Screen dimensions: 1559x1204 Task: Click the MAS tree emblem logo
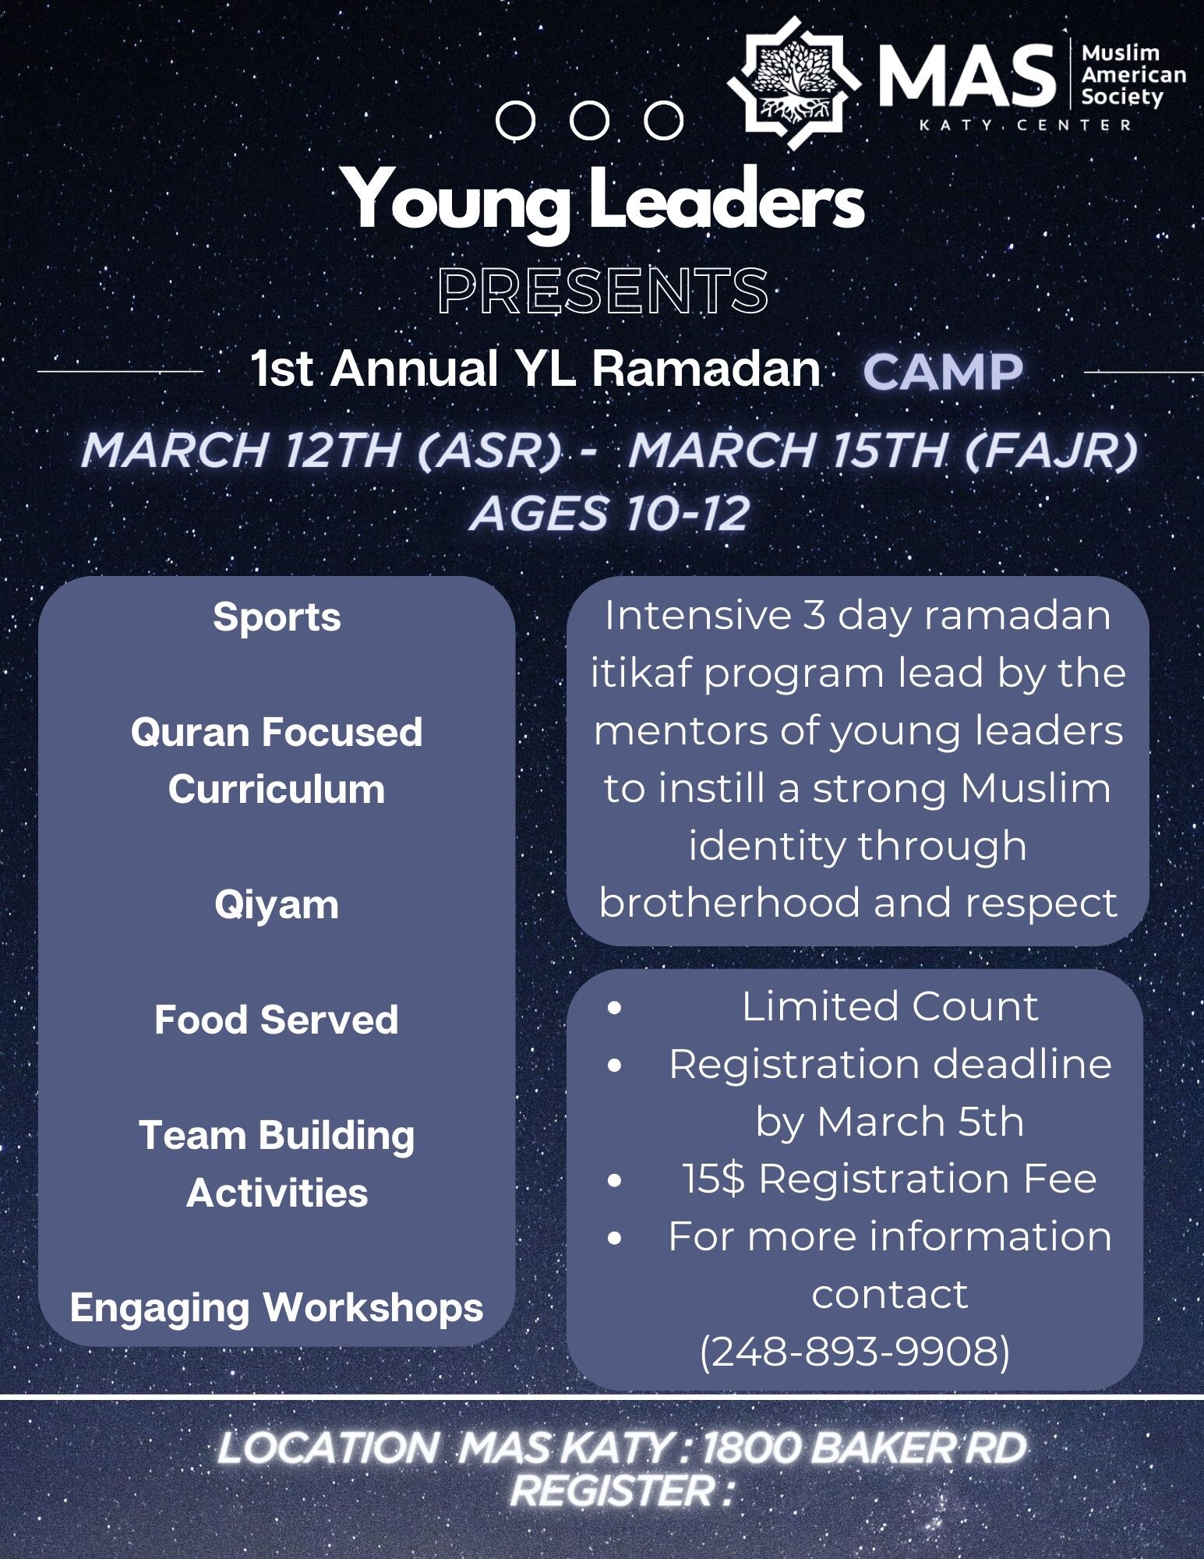coord(793,83)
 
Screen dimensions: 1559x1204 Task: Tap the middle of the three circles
coord(589,121)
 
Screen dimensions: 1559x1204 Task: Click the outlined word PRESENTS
coord(602,291)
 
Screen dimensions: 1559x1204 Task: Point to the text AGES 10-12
coord(609,514)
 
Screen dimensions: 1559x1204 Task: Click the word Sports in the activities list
coord(277,617)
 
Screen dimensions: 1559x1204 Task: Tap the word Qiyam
coord(277,905)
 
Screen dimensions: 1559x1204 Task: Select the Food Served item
coord(277,1020)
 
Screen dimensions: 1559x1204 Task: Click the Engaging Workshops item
coord(277,1307)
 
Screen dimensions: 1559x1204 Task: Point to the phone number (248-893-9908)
coord(855,1351)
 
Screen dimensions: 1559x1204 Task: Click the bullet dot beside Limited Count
coord(615,1008)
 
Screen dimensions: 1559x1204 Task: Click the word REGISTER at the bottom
coord(613,1490)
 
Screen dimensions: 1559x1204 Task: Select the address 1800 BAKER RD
coord(864,1448)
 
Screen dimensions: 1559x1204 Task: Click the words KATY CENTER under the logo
coord(1026,125)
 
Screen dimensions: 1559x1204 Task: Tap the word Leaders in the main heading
coord(726,200)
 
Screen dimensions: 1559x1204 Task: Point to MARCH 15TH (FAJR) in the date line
coord(883,451)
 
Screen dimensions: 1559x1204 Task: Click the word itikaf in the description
coord(641,673)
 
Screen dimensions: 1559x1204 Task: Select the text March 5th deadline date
coord(920,1122)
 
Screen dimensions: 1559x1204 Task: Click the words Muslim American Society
coord(1132,75)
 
